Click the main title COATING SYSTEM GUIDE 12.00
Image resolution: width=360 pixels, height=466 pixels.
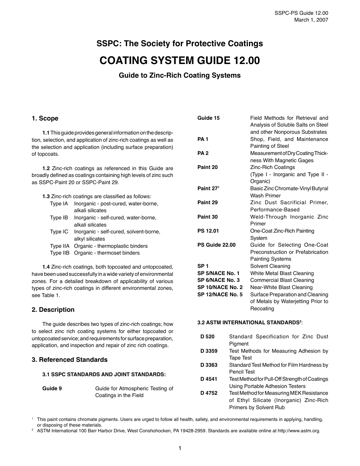click(180, 61)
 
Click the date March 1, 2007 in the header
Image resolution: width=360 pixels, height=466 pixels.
click(311, 20)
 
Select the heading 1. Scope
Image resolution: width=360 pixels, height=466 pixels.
click(45, 118)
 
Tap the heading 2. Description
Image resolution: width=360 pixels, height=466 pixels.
click(53, 310)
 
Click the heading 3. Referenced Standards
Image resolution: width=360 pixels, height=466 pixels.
click(70, 360)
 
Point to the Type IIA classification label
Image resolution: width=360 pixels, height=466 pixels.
click(60, 246)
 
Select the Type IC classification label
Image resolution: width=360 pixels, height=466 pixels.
click(59, 231)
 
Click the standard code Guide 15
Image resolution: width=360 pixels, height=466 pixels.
click(208, 118)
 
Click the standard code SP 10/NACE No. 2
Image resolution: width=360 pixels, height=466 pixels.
click(220, 287)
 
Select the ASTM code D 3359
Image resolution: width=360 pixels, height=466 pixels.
click(209, 351)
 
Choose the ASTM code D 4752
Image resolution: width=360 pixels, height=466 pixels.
click(209, 393)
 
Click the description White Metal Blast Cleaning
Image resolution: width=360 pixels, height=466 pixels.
click(282, 273)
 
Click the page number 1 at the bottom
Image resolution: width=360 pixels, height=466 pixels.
click(180, 449)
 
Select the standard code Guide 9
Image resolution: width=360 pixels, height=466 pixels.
click(52, 388)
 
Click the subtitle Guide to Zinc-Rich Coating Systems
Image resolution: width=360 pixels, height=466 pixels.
click(180, 75)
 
